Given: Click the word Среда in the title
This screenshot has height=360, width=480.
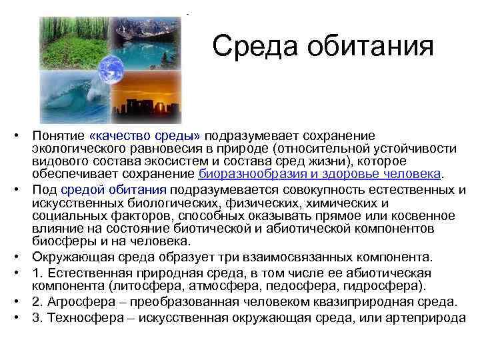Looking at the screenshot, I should pyautogui.click(x=248, y=47).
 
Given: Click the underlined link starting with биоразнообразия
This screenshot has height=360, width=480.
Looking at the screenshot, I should pyautogui.click(x=319, y=173).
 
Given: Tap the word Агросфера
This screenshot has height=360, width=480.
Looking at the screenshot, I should pyautogui.click(x=73, y=301).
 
